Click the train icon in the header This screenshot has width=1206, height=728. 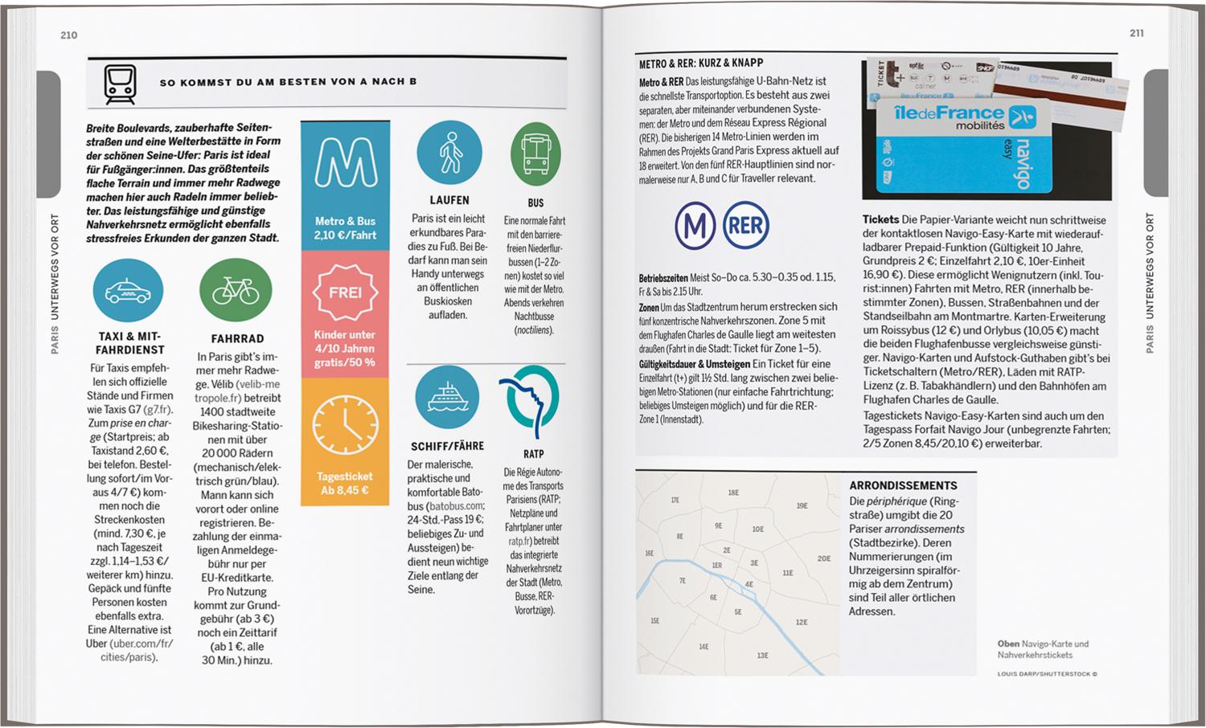coord(120,84)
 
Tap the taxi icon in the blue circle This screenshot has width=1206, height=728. coord(128,290)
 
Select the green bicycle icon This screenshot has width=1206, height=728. coord(236,291)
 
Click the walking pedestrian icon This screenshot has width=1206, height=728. coord(449,153)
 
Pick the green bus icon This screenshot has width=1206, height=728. coord(535,153)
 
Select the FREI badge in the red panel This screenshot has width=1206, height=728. coord(345,292)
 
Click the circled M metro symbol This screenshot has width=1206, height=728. coord(695,226)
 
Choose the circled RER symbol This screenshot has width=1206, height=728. coord(745,226)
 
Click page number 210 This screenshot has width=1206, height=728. coord(69,35)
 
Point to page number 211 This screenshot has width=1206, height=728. coord(1136,34)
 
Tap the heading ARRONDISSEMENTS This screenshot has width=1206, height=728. coord(903,485)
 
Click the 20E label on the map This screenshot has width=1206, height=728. coord(823,558)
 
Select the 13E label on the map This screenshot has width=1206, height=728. coord(762,656)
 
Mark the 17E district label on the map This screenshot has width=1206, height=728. coord(675,501)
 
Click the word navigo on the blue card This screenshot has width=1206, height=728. coord(1023,165)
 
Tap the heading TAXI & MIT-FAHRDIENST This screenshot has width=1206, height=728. coord(130,343)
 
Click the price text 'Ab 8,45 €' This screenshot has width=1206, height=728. coord(344,490)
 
